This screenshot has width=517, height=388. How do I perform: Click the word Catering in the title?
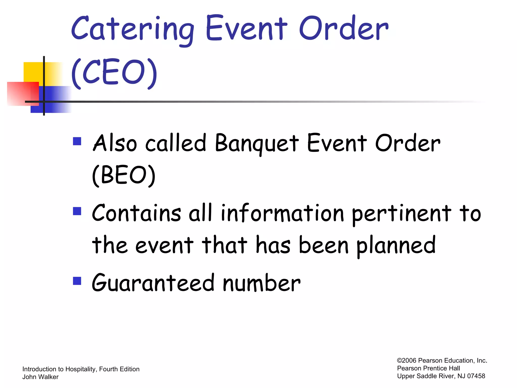[133, 29]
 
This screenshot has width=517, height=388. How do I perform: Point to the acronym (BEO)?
[124, 175]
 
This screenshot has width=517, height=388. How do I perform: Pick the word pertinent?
[401, 213]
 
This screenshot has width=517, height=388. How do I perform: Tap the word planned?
[396, 245]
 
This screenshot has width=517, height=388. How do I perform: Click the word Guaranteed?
[153, 283]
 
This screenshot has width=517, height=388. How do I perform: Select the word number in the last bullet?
[262, 283]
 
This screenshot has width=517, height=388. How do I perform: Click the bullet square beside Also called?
[77, 141]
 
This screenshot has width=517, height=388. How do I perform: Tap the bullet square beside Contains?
[77, 211]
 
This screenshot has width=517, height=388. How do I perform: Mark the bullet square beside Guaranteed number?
[77, 281]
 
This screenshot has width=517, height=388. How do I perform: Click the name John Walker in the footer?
[40, 377]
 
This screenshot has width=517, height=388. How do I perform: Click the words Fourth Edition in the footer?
[119, 369]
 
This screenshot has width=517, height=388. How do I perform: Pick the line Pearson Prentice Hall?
[428, 368]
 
